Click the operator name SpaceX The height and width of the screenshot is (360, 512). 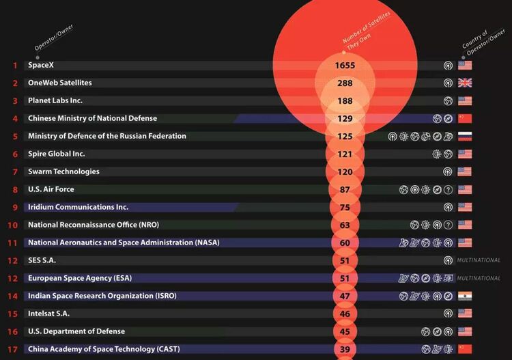[x=40, y=65]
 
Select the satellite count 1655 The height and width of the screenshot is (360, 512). [x=345, y=66]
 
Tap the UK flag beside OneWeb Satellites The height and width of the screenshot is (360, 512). [x=465, y=83]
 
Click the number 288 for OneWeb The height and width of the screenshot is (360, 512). [x=345, y=83]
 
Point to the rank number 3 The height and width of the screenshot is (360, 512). [x=14, y=100]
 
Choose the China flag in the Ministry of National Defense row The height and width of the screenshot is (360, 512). [x=465, y=118]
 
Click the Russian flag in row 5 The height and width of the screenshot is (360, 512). [x=465, y=136]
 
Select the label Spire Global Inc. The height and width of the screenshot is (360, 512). [x=56, y=154]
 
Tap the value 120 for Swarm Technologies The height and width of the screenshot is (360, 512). [x=345, y=172]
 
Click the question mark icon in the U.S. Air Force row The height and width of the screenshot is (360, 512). [x=449, y=190]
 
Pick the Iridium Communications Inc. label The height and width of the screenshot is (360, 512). [x=78, y=207]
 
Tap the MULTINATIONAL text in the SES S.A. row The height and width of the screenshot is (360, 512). [x=479, y=260]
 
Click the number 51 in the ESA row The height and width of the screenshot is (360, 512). [x=345, y=279]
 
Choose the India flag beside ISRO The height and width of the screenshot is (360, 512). [x=465, y=296]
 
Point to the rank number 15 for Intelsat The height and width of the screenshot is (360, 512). [x=13, y=314]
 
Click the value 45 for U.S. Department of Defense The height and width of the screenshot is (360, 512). [x=345, y=332]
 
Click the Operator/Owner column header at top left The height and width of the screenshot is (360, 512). [x=54, y=38]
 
